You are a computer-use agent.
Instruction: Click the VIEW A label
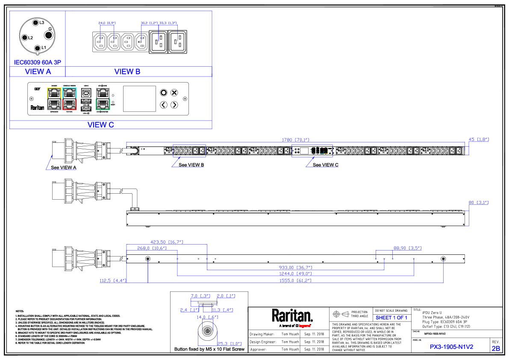tap(38, 72)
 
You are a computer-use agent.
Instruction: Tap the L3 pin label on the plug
tap(41, 23)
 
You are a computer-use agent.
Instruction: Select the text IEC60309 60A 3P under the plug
tap(38, 62)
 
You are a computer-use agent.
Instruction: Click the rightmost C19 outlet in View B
tap(178, 42)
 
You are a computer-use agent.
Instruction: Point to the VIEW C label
tap(100, 125)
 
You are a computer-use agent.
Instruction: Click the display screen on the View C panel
tap(139, 99)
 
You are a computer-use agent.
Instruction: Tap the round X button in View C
tap(174, 92)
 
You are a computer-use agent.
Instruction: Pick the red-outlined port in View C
tap(69, 104)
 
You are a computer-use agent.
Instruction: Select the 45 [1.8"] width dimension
tap(479, 139)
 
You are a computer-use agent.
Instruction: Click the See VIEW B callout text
tap(191, 165)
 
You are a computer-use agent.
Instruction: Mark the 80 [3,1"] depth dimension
tap(479, 203)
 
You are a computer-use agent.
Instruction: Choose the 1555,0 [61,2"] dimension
tap(295, 280)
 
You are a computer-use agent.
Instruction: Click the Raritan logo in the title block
tap(292, 317)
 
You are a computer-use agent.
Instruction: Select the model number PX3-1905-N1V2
tap(451, 347)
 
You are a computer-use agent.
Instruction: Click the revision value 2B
tap(496, 348)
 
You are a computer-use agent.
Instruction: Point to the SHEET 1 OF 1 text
tap(391, 318)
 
